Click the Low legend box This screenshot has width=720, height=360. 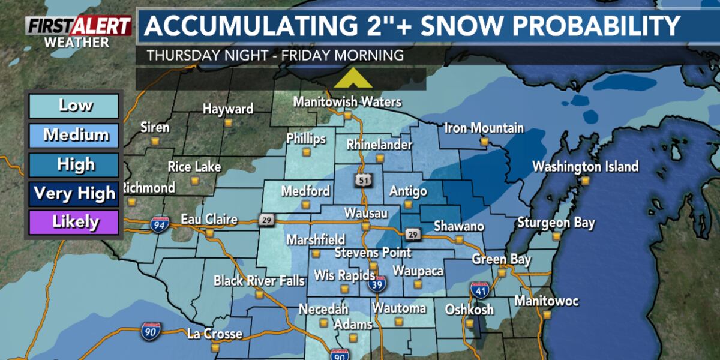pyautogui.click(x=75, y=106)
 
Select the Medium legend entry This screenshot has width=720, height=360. pyautogui.click(x=75, y=136)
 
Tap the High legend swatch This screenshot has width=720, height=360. pyautogui.click(x=75, y=164)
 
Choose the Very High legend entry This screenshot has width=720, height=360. pyautogui.click(x=75, y=194)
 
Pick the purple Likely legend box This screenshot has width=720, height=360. pyautogui.click(x=75, y=223)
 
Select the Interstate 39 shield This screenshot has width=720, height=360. pyautogui.click(x=378, y=284)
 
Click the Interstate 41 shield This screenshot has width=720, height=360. pyautogui.click(x=479, y=291)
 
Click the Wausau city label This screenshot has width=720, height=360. pyautogui.click(x=365, y=214)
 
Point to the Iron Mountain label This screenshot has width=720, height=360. pyautogui.click(x=484, y=128)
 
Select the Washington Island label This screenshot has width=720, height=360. pyautogui.click(x=585, y=167)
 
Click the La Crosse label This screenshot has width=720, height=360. pyautogui.click(x=214, y=334)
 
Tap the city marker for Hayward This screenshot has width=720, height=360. pyautogui.click(x=228, y=122)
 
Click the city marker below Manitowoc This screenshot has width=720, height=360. pyautogui.click(x=547, y=314)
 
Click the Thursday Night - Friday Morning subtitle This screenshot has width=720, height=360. pyautogui.click(x=275, y=55)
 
